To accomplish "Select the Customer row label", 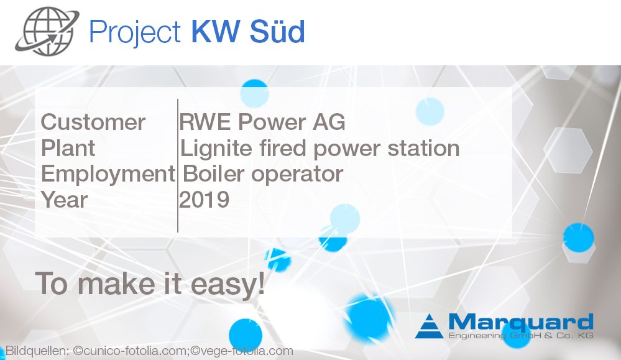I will pyautogui.click(x=93, y=122).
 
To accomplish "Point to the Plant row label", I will pyautogui.click(x=68, y=149).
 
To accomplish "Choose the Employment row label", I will pyautogui.click(x=108, y=174).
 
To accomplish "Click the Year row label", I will pyautogui.click(x=65, y=200).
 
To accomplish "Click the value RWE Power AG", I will pyautogui.click(x=262, y=122).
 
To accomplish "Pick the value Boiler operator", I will pyautogui.click(x=262, y=174).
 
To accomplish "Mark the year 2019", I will pyautogui.click(x=205, y=200).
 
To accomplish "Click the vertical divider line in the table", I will pyautogui.click(x=178, y=165).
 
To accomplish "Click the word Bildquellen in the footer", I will pyautogui.click(x=37, y=351).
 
